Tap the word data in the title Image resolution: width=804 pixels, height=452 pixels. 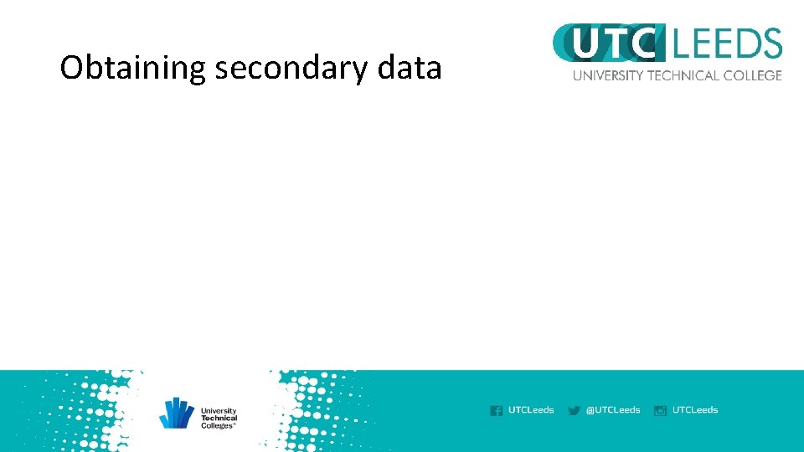click(x=410, y=68)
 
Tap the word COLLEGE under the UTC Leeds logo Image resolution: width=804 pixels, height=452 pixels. click(x=752, y=75)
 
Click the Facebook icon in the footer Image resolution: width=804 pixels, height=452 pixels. click(x=496, y=410)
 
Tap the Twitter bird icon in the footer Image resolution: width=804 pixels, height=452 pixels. click(x=574, y=410)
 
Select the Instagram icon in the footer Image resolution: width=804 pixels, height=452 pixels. click(x=660, y=410)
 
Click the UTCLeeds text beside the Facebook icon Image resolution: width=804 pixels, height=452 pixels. click(x=531, y=410)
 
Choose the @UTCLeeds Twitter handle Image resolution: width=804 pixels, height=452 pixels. click(x=613, y=410)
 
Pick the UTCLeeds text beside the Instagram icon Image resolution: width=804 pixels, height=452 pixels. click(x=695, y=410)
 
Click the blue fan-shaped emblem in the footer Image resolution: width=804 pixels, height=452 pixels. click(x=177, y=413)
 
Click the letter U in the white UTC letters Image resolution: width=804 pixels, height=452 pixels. click(x=587, y=44)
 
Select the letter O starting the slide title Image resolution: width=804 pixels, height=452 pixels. click(x=71, y=68)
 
